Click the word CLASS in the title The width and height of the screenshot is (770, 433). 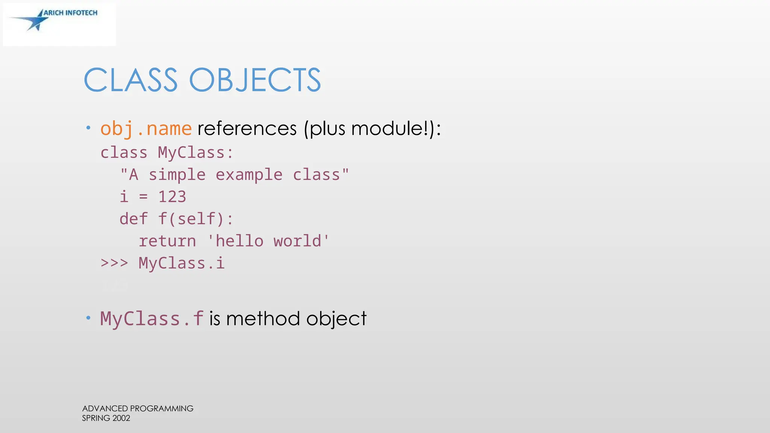pyautogui.click(x=130, y=80)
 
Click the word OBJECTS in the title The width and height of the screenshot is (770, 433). pyautogui.click(x=255, y=80)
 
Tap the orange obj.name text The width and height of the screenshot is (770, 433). pyautogui.click(x=146, y=129)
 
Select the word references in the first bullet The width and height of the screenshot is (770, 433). pyautogui.click(x=247, y=129)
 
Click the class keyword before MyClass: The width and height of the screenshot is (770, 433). pyautogui.click(x=124, y=153)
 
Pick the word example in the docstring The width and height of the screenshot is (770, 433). pyautogui.click(x=249, y=175)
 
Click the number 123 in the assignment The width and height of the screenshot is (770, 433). pyautogui.click(x=172, y=197)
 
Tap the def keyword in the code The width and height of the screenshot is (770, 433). pyautogui.click(x=133, y=219)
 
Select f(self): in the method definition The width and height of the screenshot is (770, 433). pyautogui.click(x=196, y=219)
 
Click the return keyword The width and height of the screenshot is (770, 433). pyautogui.click(x=167, y=241)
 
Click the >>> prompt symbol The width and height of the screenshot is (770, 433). pyautogui.click(x=114, y=263)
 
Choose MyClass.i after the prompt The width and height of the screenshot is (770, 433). pyautogui.click(x=182, y=263)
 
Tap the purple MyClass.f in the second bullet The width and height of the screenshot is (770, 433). pyautogui.click(x=152, y=319)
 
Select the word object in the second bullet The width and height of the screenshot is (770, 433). pyautogui.click(x=336, y=319)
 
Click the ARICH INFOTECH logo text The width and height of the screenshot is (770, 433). pyautogui.click(x=70, y=13)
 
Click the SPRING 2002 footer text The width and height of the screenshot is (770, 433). pyautogui.click(x=106, y=418)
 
